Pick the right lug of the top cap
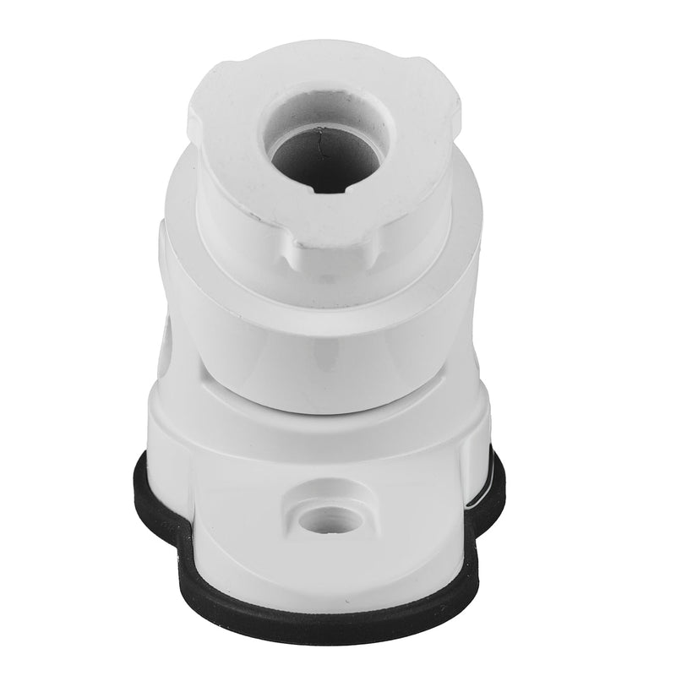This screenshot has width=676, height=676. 448,106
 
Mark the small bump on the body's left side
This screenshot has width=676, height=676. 164,245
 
